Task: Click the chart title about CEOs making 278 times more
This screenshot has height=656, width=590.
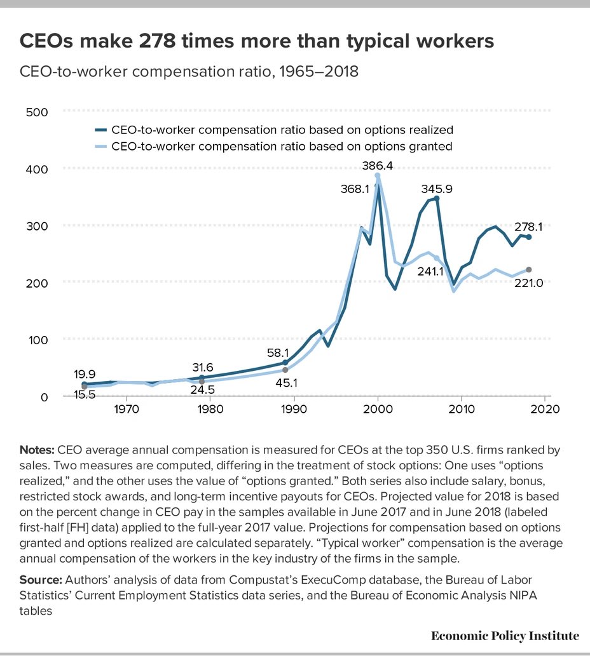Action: pos(257,41)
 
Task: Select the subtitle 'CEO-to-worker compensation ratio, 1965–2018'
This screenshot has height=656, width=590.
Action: pos(189,72)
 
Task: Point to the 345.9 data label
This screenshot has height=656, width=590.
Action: pos(437,189)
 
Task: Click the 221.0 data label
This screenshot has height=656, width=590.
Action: pos(529,283)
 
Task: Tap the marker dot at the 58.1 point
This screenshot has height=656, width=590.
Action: pos(285,363)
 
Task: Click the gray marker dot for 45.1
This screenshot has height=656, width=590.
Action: pos(285,370)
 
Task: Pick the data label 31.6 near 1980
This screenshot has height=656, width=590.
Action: pos(202,366)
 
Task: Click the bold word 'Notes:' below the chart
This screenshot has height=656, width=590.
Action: pos(38,450)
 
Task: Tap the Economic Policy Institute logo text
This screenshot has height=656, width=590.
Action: pos(505,636)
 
